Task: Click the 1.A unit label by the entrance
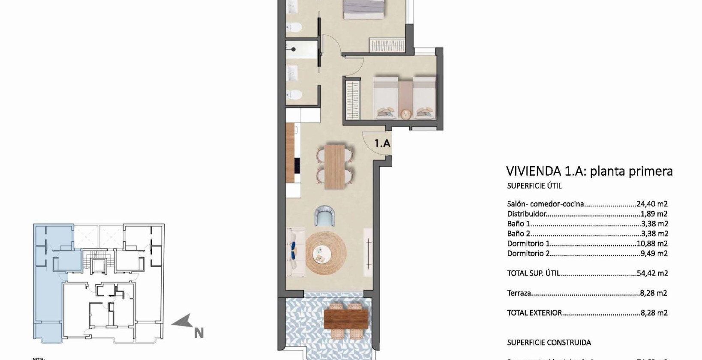click(x=382, y=144)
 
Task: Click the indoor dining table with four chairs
click(x=335, y=167)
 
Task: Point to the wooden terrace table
click(x=346, y=318)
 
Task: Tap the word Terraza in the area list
click(x=519, y=293)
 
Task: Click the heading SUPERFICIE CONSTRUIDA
click(x=549, y=342)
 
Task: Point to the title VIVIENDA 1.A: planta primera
click(x=589, y=171)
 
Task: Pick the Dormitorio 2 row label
click(x=528, y=253)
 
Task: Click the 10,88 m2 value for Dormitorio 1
click(x=652, y=243)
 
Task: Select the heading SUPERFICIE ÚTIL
click(x=534, y=186)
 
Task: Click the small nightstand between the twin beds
click(x=405, y=114)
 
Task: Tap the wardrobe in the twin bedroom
click(x=352, y=100)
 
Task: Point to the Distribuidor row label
click(x=527, y=214)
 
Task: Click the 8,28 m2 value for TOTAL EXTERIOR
click(x=654, y=313)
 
